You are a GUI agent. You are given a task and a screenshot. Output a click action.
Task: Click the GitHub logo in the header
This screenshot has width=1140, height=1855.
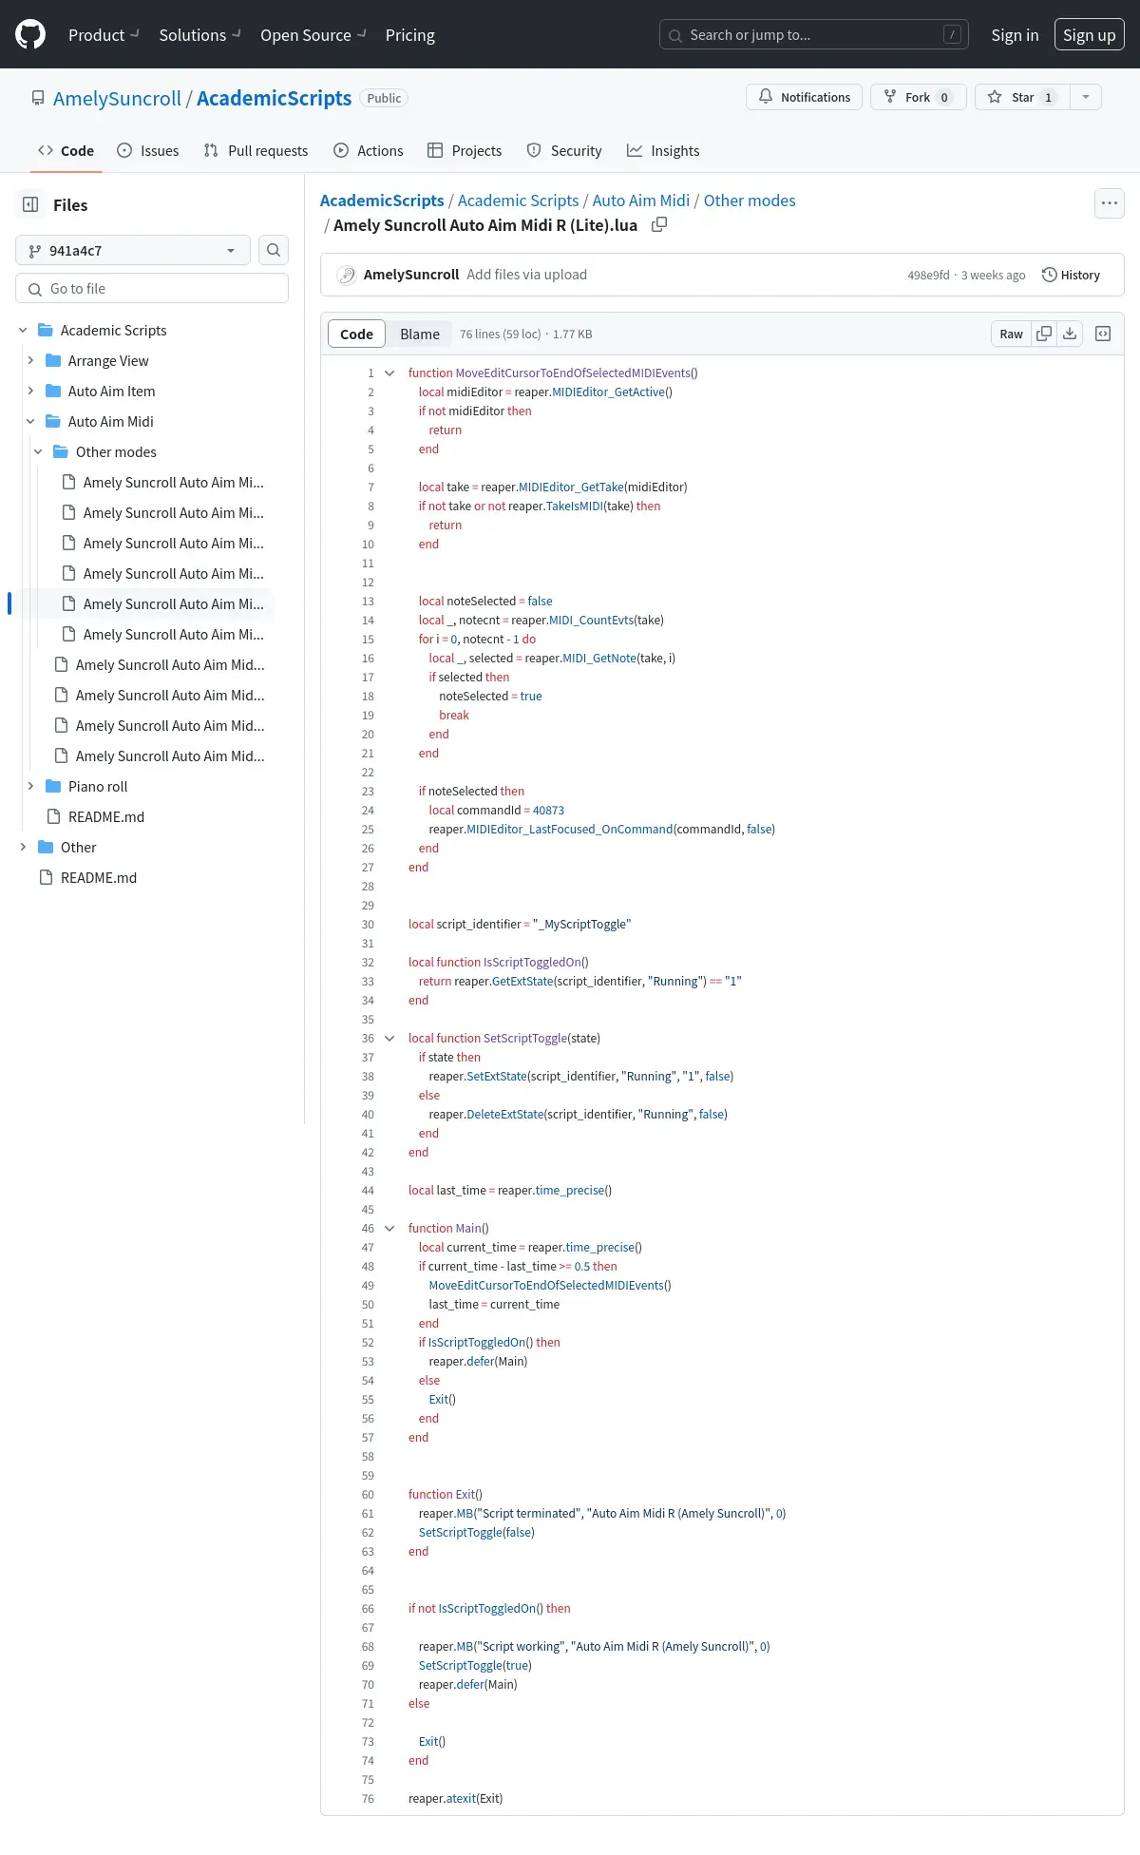[30, 35]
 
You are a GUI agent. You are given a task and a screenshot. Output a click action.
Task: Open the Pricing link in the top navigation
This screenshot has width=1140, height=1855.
[409, 35]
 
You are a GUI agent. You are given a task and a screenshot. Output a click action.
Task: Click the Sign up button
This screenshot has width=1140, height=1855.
[1089, 35]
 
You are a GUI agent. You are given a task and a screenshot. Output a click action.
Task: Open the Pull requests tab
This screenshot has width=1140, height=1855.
[256, 150]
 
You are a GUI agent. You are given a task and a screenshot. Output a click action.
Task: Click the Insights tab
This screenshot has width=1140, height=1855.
[663, 150]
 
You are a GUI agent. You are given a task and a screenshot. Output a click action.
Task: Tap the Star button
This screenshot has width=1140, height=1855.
[1022, 97]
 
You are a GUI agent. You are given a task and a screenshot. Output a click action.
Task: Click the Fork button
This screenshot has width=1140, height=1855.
[918, 97]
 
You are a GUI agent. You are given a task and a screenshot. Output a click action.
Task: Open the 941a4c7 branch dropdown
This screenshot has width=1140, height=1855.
[133, 250]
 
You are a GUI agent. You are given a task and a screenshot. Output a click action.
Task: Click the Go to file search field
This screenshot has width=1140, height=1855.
[152, 288]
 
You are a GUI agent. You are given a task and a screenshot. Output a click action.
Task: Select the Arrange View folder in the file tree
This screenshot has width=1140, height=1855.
[108, 360]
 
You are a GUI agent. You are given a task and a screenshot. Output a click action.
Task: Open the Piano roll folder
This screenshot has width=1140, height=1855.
[98, 786]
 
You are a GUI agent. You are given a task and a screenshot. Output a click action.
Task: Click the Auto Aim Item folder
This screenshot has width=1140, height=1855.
[111, 391]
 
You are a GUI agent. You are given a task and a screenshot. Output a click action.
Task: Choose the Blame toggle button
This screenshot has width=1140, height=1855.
[419, 334]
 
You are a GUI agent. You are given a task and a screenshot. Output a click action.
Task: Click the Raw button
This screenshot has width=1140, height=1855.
[1011, 334]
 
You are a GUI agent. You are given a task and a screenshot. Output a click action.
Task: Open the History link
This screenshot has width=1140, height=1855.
[1071, 275]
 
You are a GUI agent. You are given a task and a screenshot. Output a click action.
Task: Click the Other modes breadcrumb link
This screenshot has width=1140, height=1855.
[750, 201]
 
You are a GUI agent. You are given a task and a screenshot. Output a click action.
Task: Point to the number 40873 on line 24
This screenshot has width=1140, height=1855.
[548, 811]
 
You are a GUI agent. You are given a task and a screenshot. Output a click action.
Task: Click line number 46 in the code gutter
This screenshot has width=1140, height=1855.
[368, 1229]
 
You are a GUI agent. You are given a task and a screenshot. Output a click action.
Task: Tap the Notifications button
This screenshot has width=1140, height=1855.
[805, 97]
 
